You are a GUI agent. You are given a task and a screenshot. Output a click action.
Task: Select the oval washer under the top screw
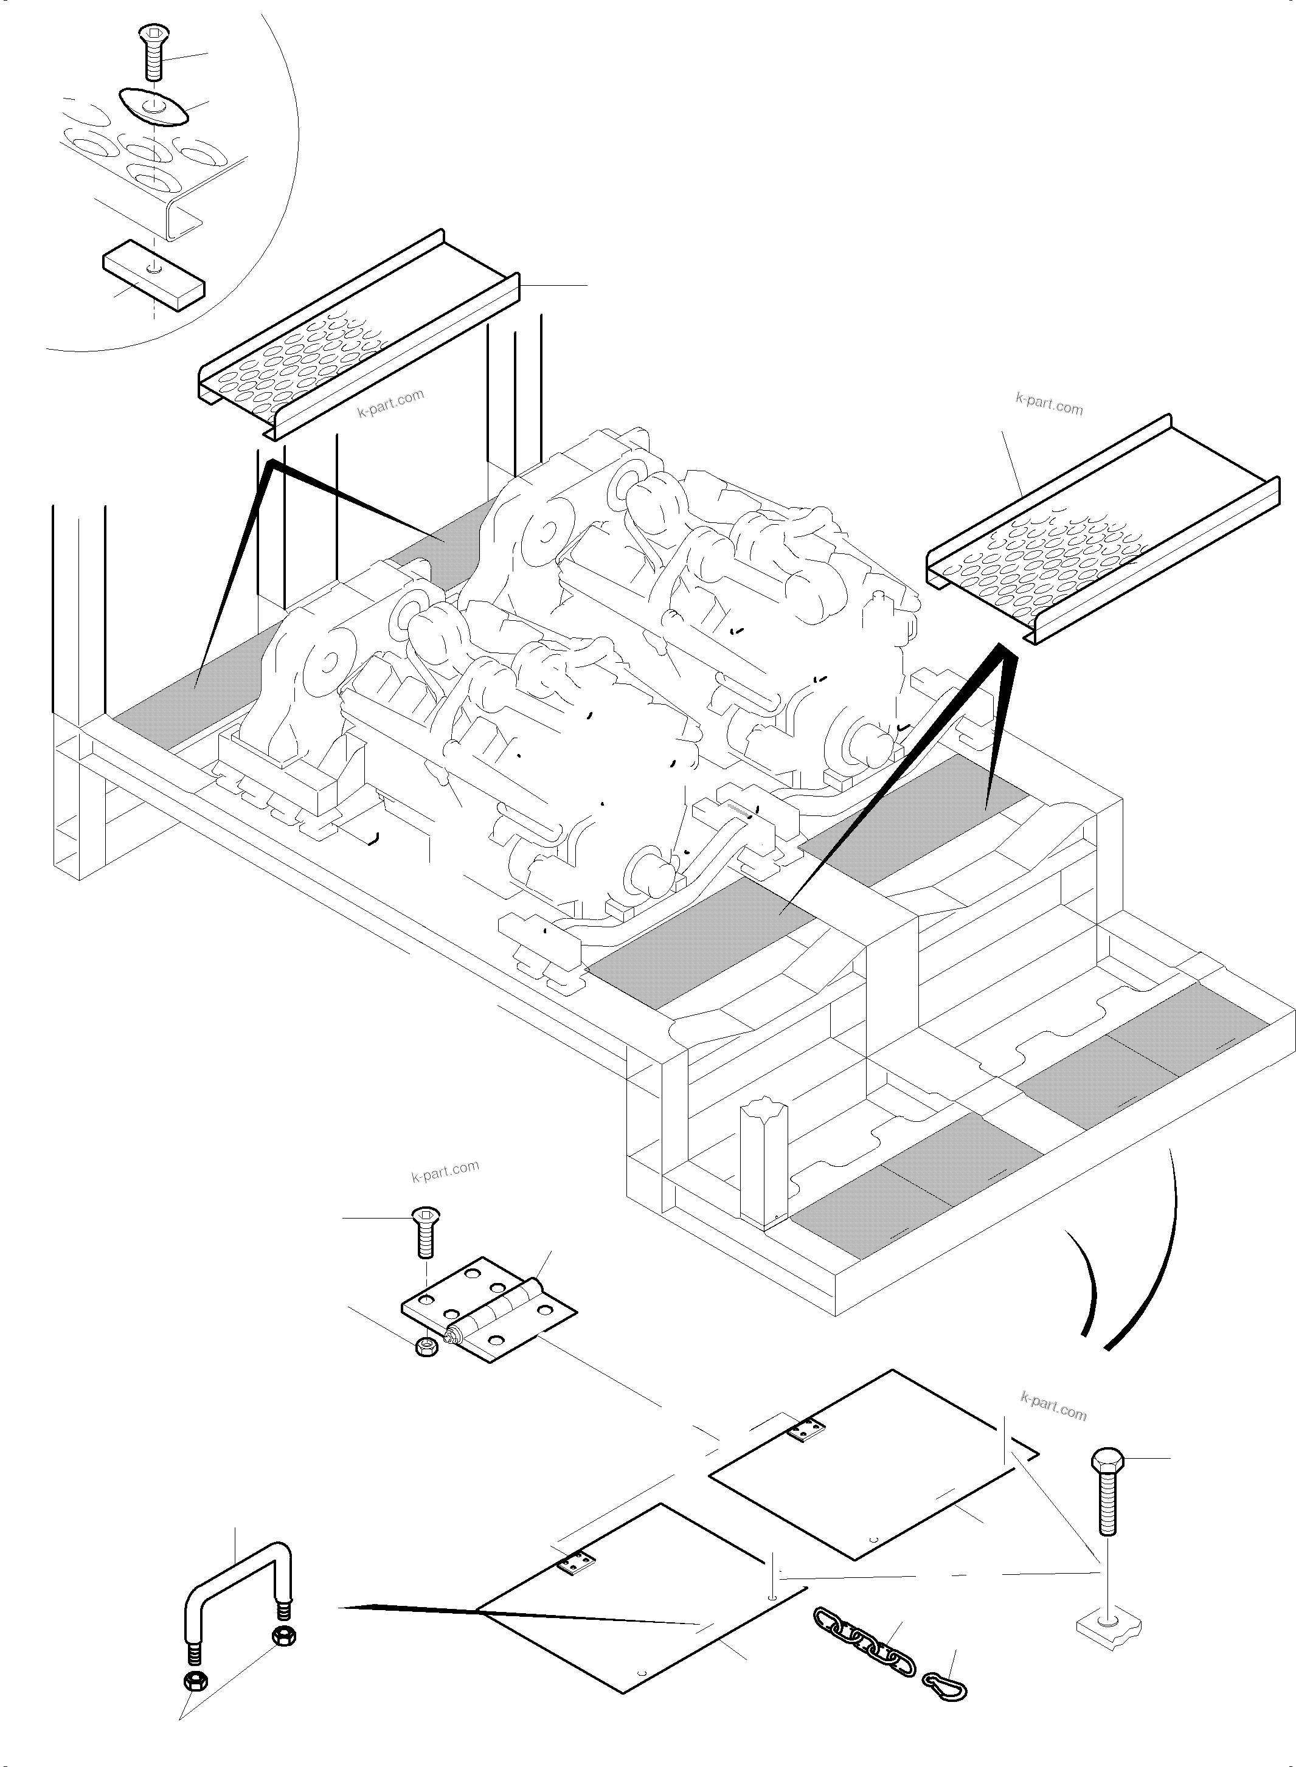pyautogui.click(x=154, y=106)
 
